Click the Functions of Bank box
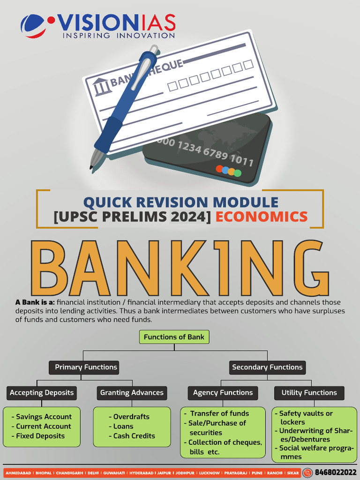(x=174, y=337)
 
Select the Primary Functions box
(x=84, y=367)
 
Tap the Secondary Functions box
(x=267, y=367)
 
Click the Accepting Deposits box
(x=42, y=393)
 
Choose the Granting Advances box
(x=132, y=393)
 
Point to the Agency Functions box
(x=223, y=393)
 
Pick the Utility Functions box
(x=309, y=393)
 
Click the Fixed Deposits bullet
(x=38, y=436)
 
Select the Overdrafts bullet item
(x=129, y=417)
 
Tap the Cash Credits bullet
(x=132, y=436)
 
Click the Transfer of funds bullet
(x=217, y=413)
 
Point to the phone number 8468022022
(x=336, y=472)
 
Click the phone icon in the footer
(x=307, y=472)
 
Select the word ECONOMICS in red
(x=262, y=217)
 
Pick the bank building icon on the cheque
(x=101, y=87)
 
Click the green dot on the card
(x=238, y=173)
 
